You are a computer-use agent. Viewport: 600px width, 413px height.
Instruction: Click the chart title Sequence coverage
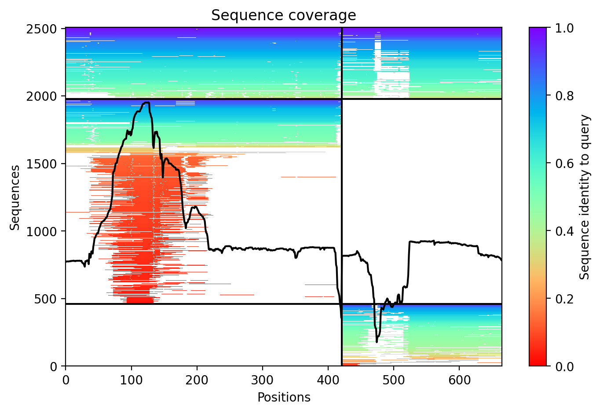tap(284, 15)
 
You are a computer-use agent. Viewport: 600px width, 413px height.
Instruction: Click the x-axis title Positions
tap(284, 398)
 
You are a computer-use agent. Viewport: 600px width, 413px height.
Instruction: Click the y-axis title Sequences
tap(15, 197)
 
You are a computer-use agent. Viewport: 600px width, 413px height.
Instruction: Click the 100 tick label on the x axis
tap(131, 379)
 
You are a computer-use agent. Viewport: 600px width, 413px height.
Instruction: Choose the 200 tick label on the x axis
tap(197, 379)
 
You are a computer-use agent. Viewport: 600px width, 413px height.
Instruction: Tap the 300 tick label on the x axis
tap(263, 379)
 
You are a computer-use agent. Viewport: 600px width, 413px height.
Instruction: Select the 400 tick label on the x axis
tap(328, 379)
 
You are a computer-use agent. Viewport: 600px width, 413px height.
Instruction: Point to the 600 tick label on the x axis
tap(459, 379)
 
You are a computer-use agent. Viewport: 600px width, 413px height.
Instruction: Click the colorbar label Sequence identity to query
tap(585, 197)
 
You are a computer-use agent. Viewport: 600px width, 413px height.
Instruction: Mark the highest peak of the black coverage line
tap(146, 102)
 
